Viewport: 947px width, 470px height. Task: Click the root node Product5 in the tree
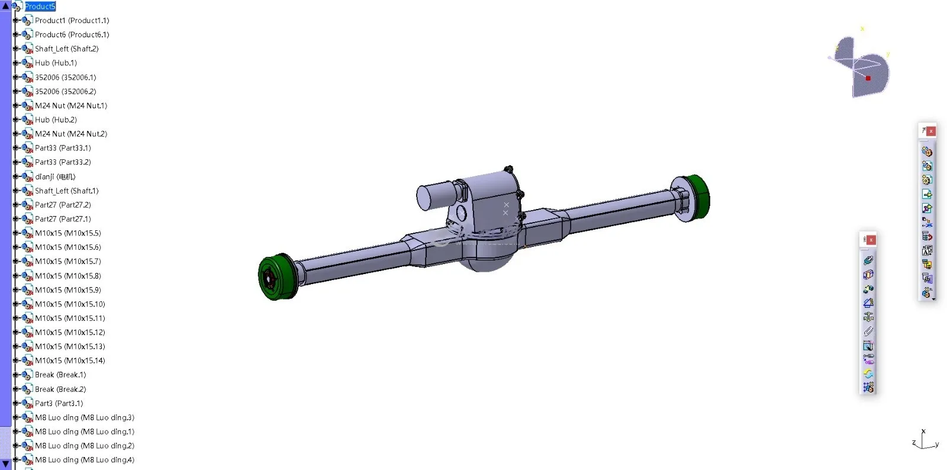point(40,7)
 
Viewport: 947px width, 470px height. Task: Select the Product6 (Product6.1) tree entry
point(72,35)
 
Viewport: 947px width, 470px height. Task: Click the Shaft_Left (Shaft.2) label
point(67,49)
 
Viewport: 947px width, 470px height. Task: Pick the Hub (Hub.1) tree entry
point(56,63)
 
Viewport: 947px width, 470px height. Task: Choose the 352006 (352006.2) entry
point(66,91)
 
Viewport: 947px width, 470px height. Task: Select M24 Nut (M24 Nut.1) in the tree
point(71,106)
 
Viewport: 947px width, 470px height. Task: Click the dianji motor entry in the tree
point(55,176)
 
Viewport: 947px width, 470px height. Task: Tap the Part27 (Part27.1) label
point(63,219)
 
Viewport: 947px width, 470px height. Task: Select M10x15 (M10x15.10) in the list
point(70,304)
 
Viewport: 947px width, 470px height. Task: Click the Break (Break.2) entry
point(60,389)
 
